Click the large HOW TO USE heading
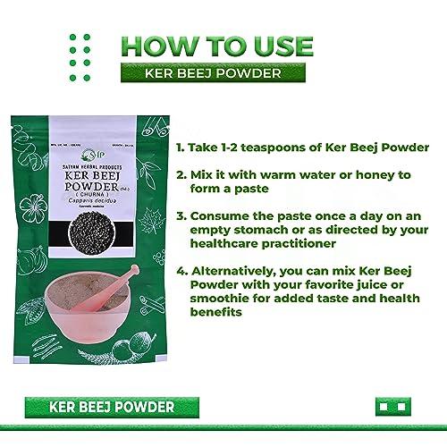click(x=217, y=46)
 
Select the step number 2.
click(x=180, y=176)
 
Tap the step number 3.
click(x=180, y=216)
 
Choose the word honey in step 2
click(x=347, y=176)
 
